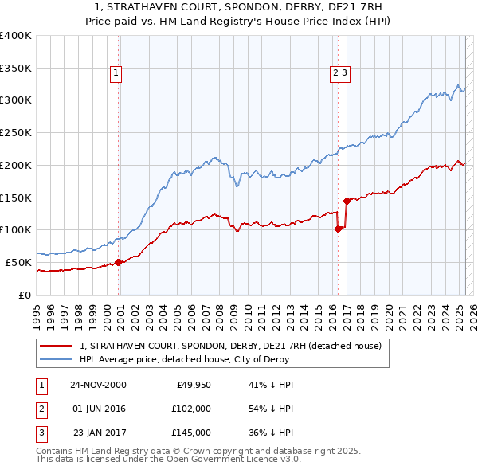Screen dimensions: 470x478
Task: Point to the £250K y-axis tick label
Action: (x=15, y=133)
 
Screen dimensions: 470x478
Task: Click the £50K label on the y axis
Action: (x=18, y=262)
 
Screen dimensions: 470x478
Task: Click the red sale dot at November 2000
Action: (x=119, y=262)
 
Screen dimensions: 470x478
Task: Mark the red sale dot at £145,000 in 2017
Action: (x=347, y=201)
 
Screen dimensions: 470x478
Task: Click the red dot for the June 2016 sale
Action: (x=338, y=229)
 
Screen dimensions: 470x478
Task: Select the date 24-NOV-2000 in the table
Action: (x=98, y=385)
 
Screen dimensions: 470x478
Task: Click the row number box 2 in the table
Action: (x=40, y=409)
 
